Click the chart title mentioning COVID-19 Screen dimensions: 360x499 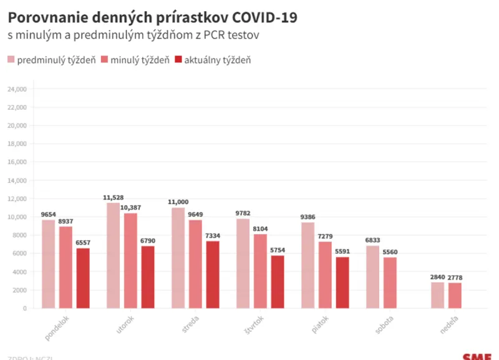click(152, 17)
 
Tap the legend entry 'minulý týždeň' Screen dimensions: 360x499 click(135, 60)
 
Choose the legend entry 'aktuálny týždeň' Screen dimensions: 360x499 click(212, 60)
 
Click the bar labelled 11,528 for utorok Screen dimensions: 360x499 click(113, 255)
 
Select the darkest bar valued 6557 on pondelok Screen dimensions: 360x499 click(83, 278)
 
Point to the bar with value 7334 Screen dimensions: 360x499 click(213, 275)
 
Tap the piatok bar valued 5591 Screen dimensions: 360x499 click(342, 283)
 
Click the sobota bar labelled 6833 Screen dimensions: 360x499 click(372, 277)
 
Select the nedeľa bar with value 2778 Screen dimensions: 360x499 click(455, 296)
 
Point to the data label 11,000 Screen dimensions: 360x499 click(178, 202)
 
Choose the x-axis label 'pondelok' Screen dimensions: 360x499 click(57, 327)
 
